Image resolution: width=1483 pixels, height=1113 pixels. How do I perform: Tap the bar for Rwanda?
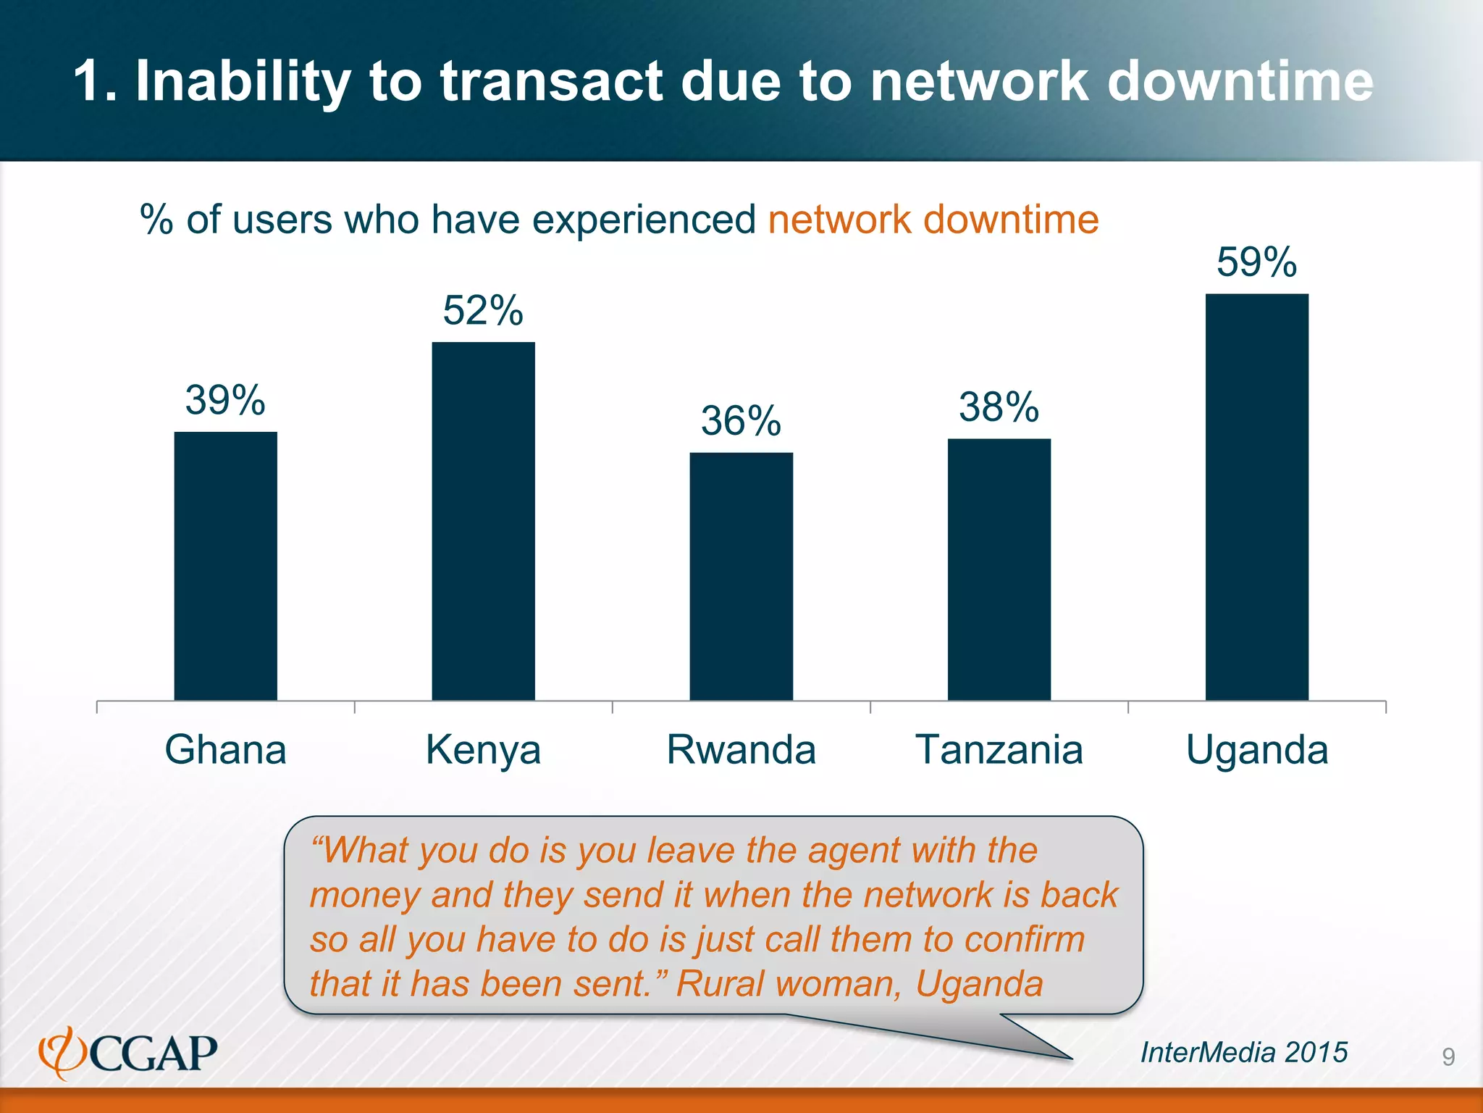tap(741, 576)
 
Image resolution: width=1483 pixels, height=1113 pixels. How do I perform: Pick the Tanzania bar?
tap(999, 569)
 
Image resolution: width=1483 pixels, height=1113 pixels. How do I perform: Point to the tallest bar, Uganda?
tap(1256, 496)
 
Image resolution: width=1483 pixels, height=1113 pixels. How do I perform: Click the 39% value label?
tap(225, 400)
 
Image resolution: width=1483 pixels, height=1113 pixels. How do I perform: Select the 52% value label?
tap(483, 311)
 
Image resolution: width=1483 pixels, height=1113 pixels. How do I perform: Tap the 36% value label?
tap(741, 421)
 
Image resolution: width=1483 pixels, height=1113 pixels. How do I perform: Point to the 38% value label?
tap(999, 407)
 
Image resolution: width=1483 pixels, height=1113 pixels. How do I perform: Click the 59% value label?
tap(1256, 262)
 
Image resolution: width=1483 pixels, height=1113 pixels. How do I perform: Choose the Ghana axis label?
tap(225, 750)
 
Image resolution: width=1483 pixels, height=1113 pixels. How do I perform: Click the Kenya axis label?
tap(483, 750)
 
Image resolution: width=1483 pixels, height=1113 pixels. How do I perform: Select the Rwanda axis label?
tap(741, 750)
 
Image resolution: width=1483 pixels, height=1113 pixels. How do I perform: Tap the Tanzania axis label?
tap(999, 750)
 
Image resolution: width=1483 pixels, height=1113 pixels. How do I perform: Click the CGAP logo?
tap(128, 1053)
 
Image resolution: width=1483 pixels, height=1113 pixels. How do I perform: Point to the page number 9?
tap(1448, 1057)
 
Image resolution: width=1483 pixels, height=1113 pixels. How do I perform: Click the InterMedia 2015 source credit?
tap(1244, 1052)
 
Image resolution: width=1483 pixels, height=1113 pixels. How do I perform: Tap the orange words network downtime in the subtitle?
tap(933, 220)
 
